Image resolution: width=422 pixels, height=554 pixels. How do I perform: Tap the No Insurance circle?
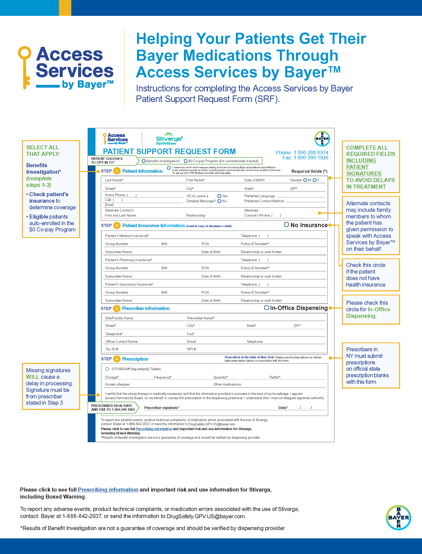(286, 225)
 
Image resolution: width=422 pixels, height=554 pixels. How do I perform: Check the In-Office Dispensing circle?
(266, 307)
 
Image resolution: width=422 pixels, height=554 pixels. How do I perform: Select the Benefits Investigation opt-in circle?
(144, 161)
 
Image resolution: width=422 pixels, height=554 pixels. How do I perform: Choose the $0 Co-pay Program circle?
(186, 161)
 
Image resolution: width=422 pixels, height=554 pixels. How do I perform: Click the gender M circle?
(305, 180)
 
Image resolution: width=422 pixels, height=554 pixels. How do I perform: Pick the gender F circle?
(314, 180)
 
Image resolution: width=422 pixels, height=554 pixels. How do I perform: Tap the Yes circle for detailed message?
(219, 196)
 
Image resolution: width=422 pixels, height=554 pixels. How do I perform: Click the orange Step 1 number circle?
(117, 171)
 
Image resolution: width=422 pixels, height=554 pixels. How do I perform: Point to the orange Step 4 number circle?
(117, 359)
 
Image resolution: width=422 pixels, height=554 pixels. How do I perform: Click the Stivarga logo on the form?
(169, 139)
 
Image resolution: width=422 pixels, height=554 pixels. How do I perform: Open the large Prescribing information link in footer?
(108, 490)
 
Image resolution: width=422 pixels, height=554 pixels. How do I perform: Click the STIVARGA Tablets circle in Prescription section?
(107, 369)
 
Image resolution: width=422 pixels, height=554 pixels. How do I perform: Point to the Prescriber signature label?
(162, 408)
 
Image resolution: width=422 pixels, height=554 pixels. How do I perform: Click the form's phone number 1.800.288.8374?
(311, 153)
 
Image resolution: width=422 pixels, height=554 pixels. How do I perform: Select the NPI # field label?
(191, 349)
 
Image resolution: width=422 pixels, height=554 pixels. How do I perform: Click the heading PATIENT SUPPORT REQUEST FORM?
(169, 151)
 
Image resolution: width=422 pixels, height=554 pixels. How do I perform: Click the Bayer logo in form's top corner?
(322, 138)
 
